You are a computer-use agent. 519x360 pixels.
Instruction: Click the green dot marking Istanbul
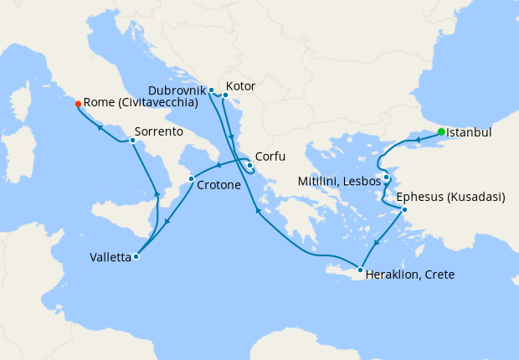click(x=441, y=131)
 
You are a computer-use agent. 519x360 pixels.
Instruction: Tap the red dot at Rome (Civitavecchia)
click(x=78, y=104)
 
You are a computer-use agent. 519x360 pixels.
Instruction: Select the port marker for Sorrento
click(x=132, y=140)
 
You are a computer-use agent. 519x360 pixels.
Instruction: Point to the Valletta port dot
click(x=136, y=257)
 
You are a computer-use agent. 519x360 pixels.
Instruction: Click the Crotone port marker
click(x=192, y=178)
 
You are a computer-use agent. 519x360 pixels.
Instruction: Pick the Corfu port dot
click(x=249, y=165)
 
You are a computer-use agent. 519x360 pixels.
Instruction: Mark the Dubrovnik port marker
click(x=211, y=90)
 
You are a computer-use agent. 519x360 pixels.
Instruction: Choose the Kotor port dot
click(x=225, y=95)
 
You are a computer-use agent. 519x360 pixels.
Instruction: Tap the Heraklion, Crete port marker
click(x=360, y=270)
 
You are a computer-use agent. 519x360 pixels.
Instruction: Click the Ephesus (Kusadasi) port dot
click(x=404, y=209)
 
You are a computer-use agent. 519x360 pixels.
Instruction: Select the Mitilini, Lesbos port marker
click(x=387, y=177)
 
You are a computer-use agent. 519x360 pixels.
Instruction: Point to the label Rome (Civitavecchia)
click(x=141, y=103)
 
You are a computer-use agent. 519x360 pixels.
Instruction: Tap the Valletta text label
click(x=110, y=258)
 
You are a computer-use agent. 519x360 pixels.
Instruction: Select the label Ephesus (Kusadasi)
click(x=450, y=198)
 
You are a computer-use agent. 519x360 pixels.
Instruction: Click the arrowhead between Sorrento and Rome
click(x=100, y=127)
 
